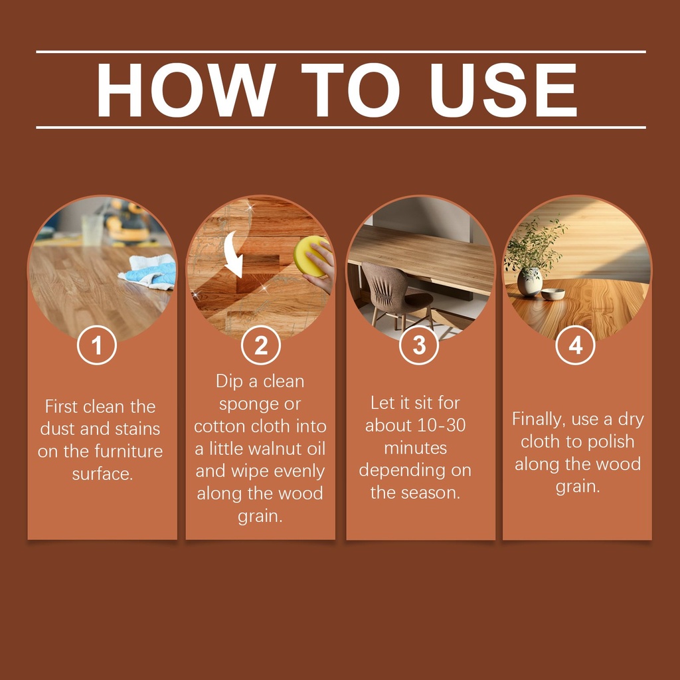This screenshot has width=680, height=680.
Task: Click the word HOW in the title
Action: pos(186,90)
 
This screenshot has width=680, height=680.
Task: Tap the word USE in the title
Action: pos(503,90)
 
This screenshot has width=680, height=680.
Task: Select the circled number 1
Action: pos(97,345)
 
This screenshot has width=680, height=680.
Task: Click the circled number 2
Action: pos(260,345)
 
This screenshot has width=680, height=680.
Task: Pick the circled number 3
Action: pos(419,345)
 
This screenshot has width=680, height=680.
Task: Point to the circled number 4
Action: pos(576,345)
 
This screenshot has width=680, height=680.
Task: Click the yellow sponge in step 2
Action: pos(311,256)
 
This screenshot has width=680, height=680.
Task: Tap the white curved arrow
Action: pos(234,254)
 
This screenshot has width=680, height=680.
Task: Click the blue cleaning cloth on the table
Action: pos(149,271)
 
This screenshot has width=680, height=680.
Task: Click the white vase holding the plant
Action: pos(529,282)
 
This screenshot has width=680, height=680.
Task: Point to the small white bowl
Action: pos(553,294)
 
